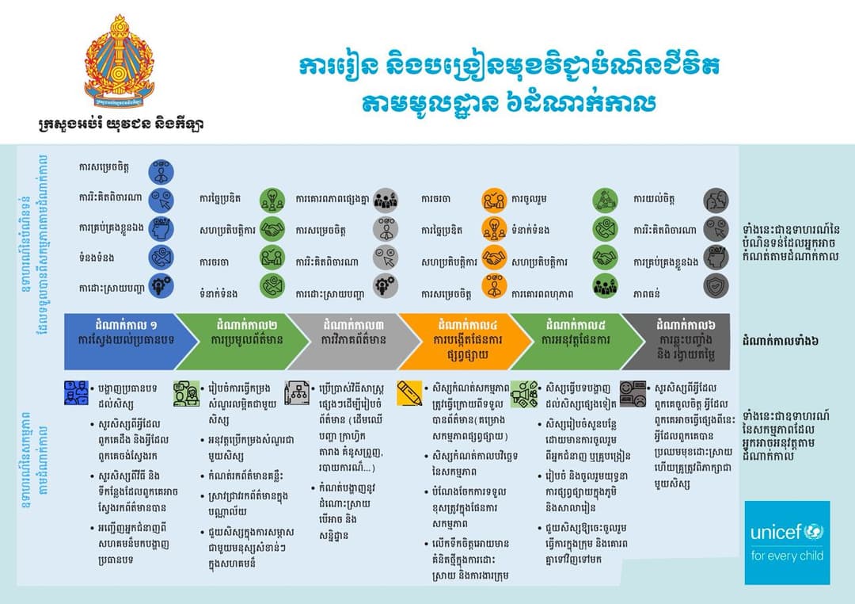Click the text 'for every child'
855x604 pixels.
click(787, 556)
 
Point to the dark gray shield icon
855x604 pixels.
click(716, 286)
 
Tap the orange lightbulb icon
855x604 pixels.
click(495, 229)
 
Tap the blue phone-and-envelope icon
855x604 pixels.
click(161, 258)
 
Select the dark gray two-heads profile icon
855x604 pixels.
click(716, 200)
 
